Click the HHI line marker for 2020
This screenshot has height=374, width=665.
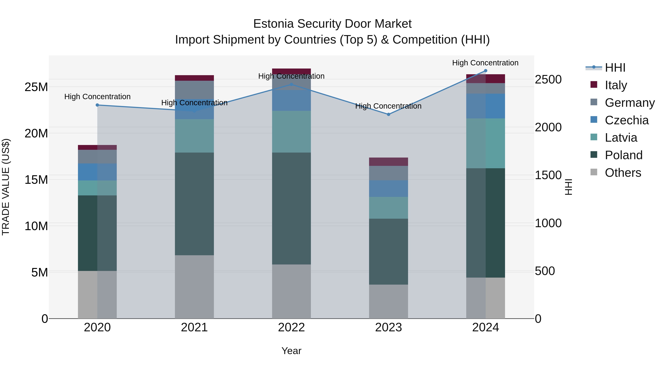(97, 105)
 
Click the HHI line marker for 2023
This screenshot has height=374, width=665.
(388, 114)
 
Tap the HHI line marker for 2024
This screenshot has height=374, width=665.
(486, 71)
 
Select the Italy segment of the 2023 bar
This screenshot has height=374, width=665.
(388, 162)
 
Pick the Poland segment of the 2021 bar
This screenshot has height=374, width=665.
(194, 204)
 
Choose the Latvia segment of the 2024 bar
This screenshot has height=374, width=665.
(486, 143)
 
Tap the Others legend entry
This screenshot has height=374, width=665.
(623, 173)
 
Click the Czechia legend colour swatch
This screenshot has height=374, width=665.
(594, 119)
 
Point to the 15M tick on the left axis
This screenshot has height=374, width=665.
(36, 180)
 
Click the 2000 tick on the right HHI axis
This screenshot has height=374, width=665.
(548, 127)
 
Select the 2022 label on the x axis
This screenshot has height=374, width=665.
(291, 327)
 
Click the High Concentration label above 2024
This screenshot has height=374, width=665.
(485, 63)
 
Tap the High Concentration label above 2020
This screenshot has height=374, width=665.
(97, 97)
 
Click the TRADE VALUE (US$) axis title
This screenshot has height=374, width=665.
(6, 187)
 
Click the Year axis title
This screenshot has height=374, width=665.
(291, 351)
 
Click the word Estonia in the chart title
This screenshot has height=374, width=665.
(273, 24)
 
